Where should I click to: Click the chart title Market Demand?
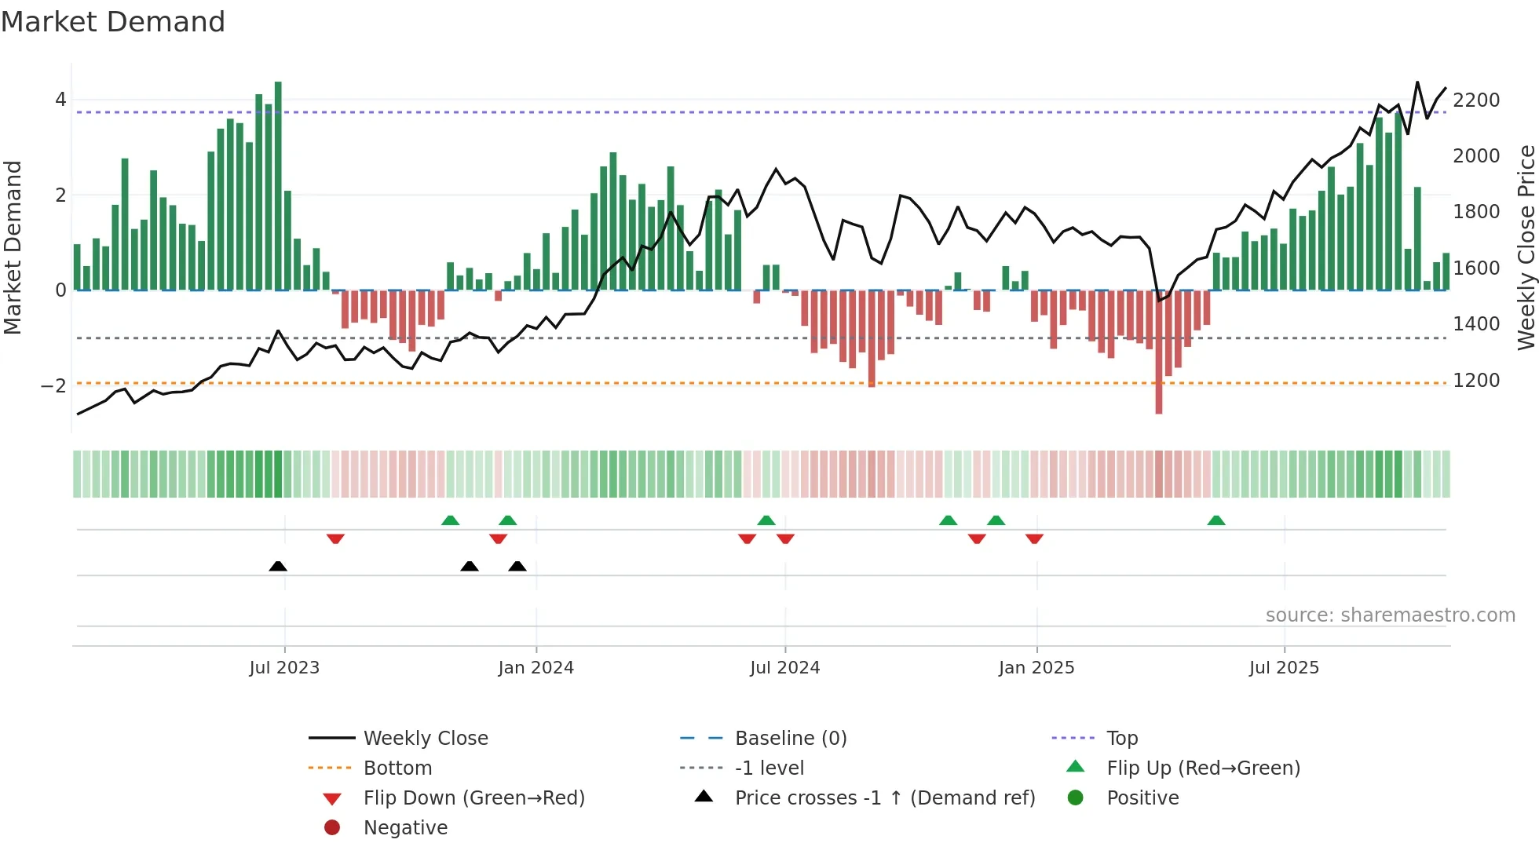coord(113,22)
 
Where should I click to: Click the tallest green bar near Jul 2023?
coord(278,185)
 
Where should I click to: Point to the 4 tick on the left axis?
coord(60,100)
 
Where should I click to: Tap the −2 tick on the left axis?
coord(54,385)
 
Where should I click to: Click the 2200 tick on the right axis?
coord(1476,100)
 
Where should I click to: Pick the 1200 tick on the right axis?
coord(1476,381)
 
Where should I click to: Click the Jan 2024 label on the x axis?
coord(536,668)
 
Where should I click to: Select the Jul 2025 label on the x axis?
coord(1285,668)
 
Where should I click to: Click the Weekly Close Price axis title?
coord(1526,247)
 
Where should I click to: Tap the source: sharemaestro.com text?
coord(1390,615)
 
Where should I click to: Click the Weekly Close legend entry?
coord(426,739)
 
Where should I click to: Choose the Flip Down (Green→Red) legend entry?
coord(473,798)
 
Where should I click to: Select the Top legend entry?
coord(1122,739)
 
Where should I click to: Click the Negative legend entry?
coord(405,828)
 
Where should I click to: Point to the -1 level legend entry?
coord(769,768)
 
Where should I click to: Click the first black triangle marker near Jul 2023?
coord(278,566)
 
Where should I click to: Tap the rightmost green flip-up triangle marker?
coord(1216,520)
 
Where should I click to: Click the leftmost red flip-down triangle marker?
coord(335,538)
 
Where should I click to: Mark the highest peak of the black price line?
coord(1417,82)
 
